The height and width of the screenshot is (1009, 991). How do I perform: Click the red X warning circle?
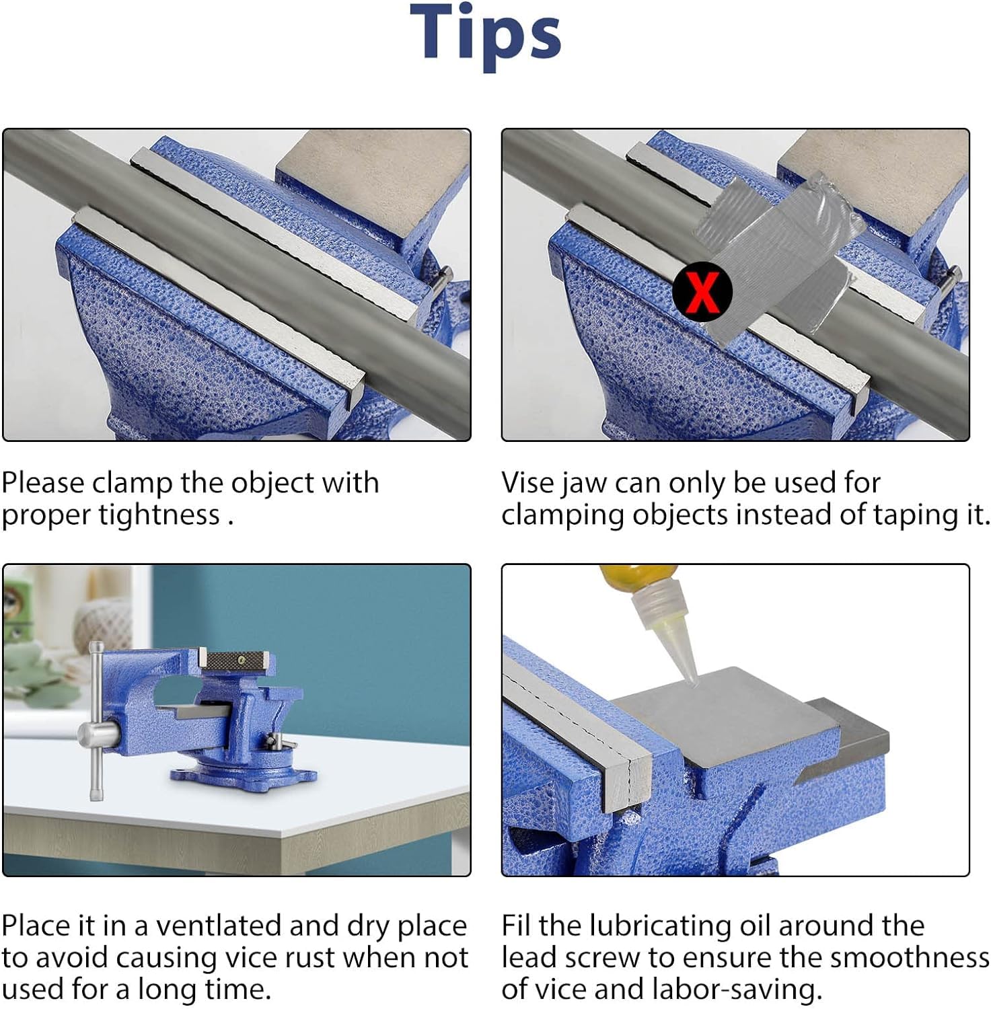tap(702, 291)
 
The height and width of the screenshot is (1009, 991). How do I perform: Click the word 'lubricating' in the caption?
tap(659, 926)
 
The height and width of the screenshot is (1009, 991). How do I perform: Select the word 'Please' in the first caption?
tap(43, 483)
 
